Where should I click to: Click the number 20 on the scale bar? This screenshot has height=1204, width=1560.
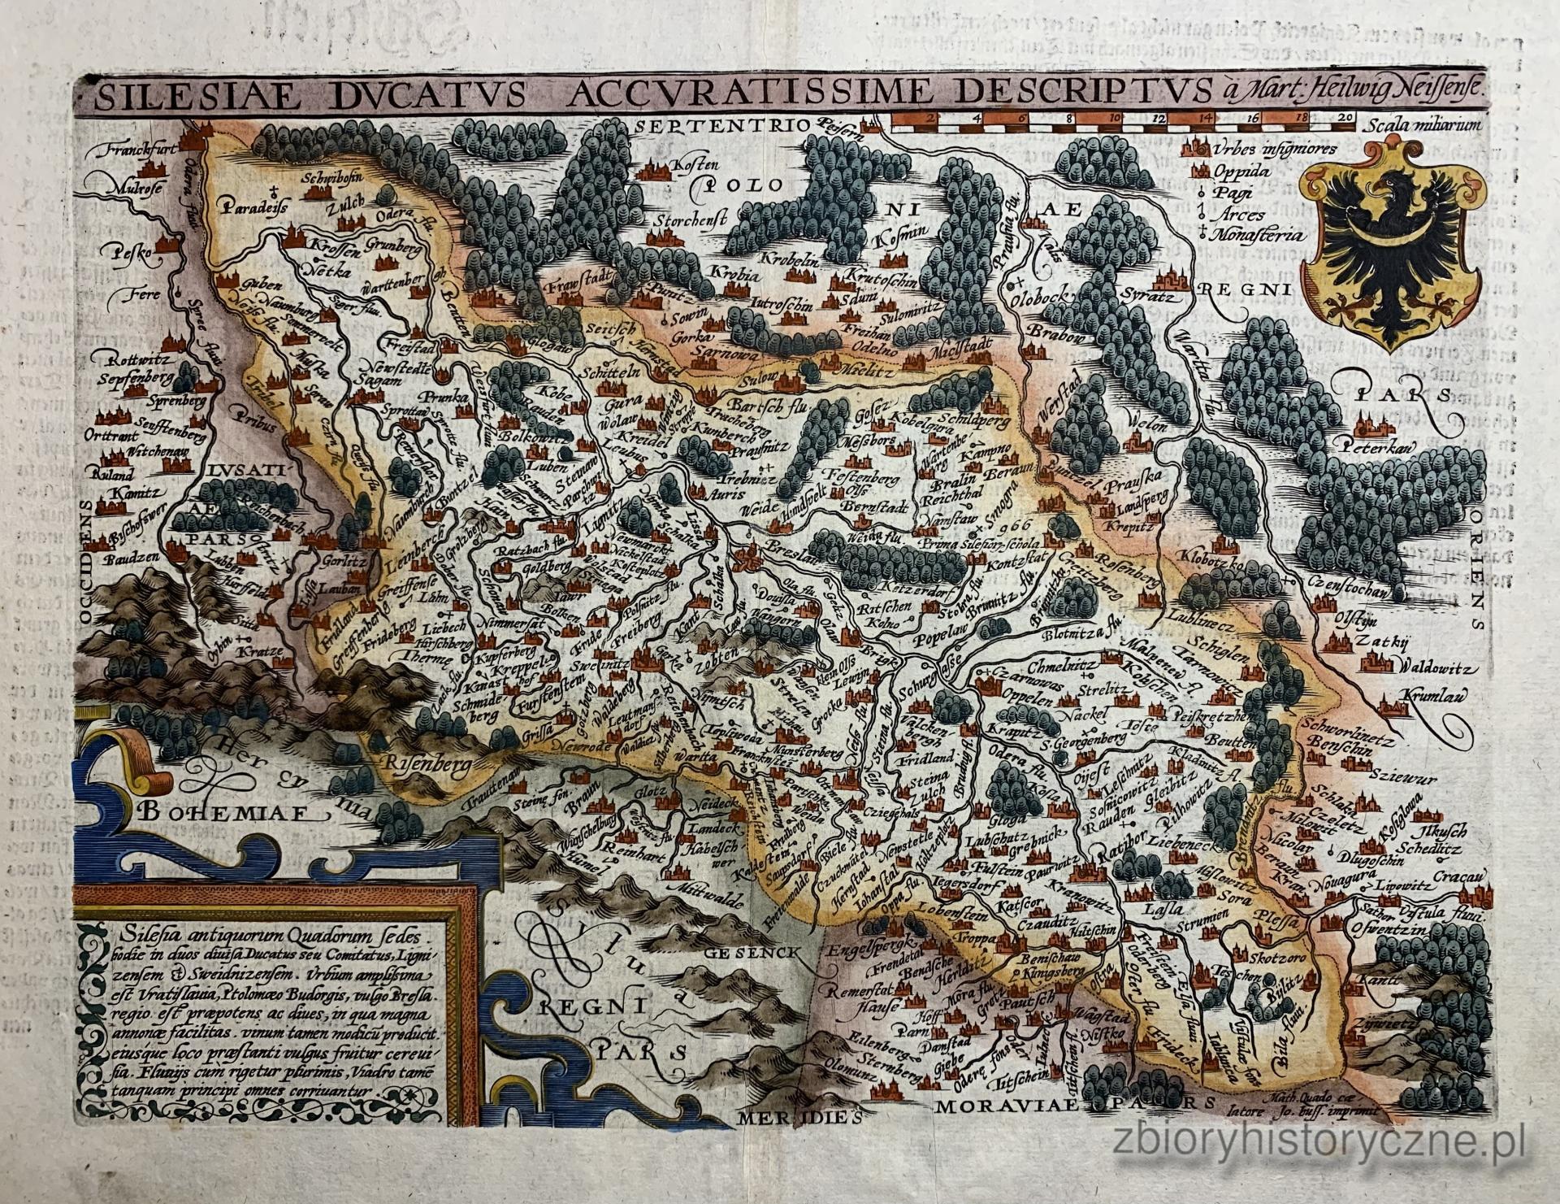[1345, 118]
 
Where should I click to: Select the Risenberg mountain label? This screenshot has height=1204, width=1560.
[421, 763]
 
